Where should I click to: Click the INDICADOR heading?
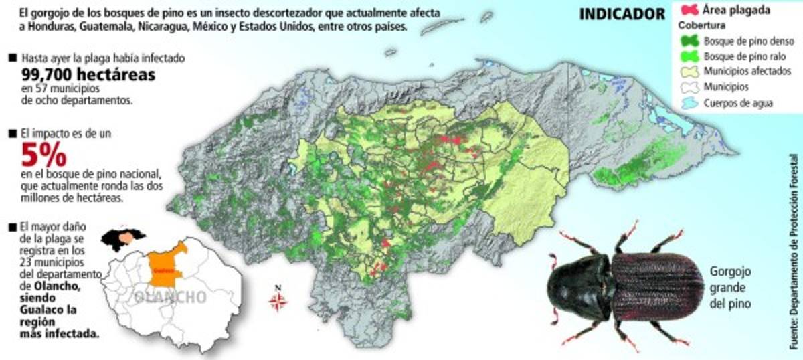622,14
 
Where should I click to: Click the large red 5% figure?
44,156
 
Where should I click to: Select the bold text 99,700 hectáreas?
88,75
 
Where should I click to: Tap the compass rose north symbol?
278,300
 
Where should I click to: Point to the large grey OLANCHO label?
170,297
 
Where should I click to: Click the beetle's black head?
577,286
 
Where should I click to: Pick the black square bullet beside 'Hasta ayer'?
11,58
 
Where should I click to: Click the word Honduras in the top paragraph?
48,29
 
